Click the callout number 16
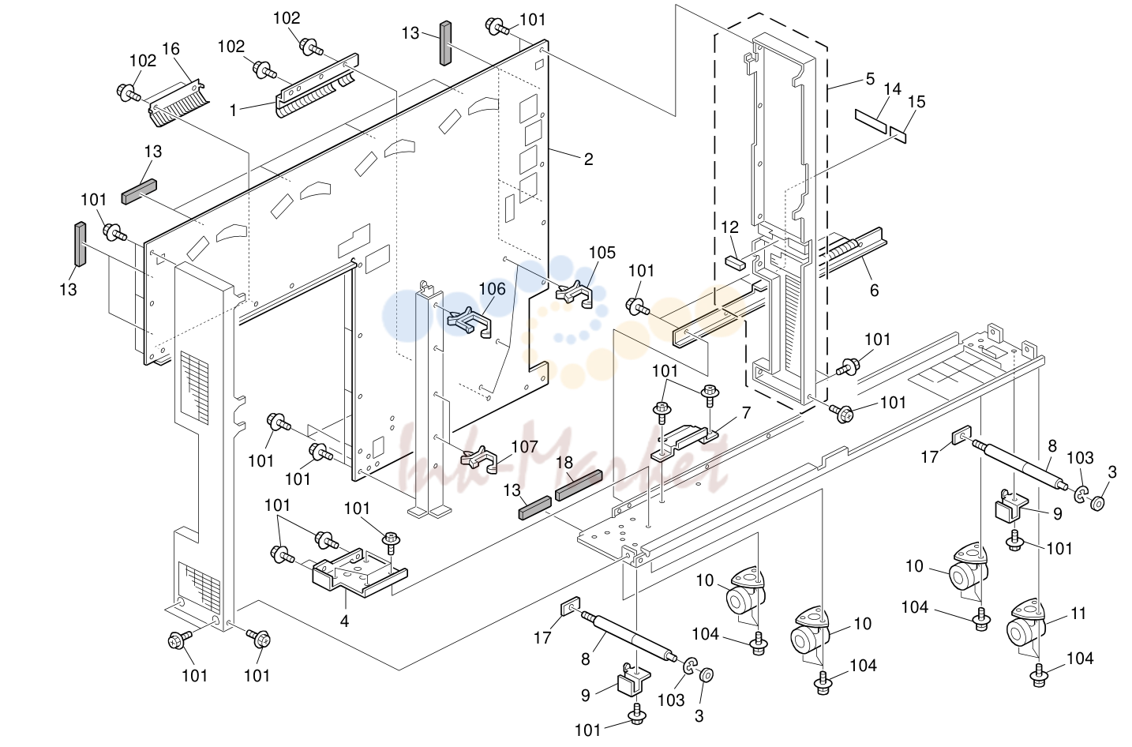click(x=171, y=49)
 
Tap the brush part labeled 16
click(x=179, y=103)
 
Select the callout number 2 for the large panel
click(x=588, y=160)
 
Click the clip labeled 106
click(x=469, y=322)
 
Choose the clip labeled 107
click(x=478, y=459)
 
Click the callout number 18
click(x=564, y=463)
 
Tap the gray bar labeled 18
click(x=579, y=485)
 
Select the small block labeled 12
click(x=735, y=263)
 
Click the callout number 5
click(x=870, y=79)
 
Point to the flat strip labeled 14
click(x=871, y=121)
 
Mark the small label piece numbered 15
click(x=898, y=136)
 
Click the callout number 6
click(x=875, y=290)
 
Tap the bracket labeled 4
click(x=360, y=572)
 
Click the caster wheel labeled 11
click(x=1026, y=623)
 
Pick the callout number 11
click(x=1078, y=614)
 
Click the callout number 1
click(x=233, y=111)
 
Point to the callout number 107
click(x=524, y=447)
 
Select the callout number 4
click(x=344, y=621)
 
